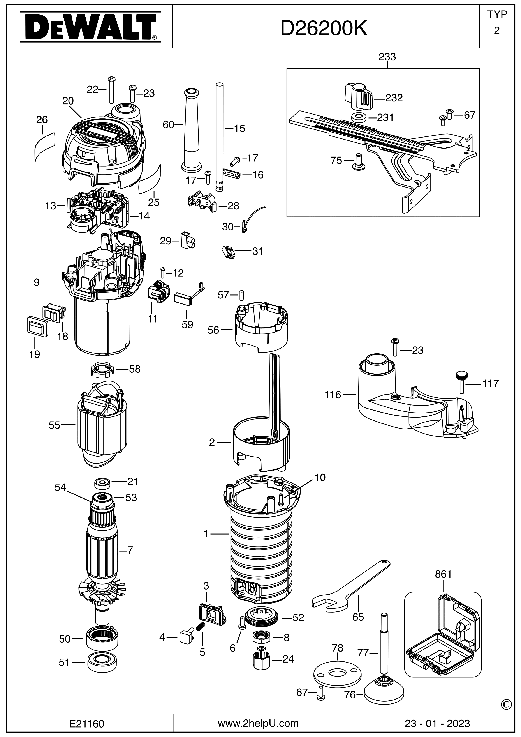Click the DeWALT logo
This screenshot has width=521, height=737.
point(90,27)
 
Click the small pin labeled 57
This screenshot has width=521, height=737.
point(242,294)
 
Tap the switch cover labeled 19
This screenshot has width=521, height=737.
point(37,327)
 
